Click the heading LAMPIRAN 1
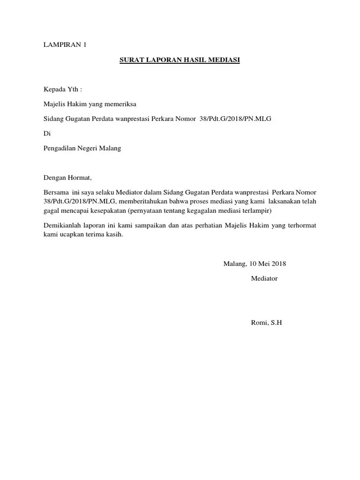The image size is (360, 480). coord(65,45)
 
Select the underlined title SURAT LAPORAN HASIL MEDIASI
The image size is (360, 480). coord(180,60)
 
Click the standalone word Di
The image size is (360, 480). coord(46,133)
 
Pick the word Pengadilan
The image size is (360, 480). coord(61,148)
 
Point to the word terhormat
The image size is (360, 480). coord(300,225)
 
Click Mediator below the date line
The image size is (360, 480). coord(264,278)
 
